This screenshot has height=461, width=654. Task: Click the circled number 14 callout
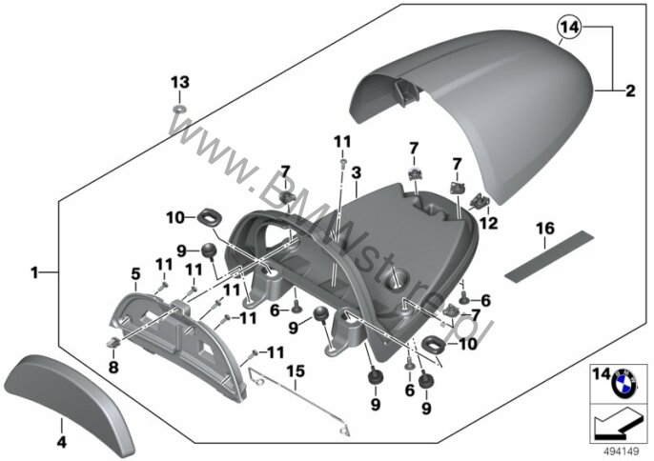point(569,27)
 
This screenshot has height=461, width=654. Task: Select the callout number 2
point(630,90)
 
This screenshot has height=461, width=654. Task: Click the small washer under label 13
point(180,110)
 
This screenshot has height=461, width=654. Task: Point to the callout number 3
point(356,173)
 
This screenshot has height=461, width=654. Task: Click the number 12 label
point(488,224)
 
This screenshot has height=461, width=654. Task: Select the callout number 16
point(545,229)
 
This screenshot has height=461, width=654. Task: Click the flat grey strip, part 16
point(549,256)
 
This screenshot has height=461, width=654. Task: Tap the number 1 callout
point(34,273)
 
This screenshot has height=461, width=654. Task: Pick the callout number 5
point(135,274)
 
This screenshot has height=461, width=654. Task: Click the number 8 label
point(113,368)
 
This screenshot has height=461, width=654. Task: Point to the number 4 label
point(62,442)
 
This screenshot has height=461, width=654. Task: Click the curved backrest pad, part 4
point(69,402)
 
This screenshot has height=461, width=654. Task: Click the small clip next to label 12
point(480,201)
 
